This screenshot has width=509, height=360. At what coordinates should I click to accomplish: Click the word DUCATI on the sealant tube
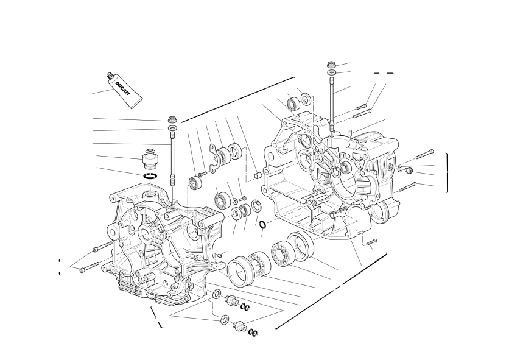click(122, 88)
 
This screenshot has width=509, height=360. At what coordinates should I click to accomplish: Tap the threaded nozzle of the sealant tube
click(110, 76)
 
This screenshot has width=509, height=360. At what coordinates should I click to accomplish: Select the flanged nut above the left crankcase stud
click(172, 119)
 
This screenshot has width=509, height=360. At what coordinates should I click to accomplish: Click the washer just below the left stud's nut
click(173, 128)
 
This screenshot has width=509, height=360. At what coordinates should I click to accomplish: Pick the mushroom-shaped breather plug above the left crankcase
click(150, 159)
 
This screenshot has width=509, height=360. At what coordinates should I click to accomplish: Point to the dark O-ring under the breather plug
click(150, 176)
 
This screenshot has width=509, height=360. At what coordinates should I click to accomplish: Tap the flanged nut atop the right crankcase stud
click(331, 65)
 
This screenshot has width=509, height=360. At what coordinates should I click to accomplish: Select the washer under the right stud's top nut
click(331, 72)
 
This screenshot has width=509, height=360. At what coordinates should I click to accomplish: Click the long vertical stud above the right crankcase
click(332, 104)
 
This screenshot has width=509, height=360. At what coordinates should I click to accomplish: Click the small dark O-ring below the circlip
click(263, 224)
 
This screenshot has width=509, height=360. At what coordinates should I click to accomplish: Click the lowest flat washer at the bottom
click(224, 319)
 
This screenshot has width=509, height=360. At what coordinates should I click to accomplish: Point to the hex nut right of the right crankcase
click(409, 169)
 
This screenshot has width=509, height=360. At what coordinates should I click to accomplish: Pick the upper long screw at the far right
click(424, 154)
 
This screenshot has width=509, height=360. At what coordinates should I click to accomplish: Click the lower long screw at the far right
click(407, 187)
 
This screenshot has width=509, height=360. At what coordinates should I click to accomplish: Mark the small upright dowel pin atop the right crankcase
click(351, 133)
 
